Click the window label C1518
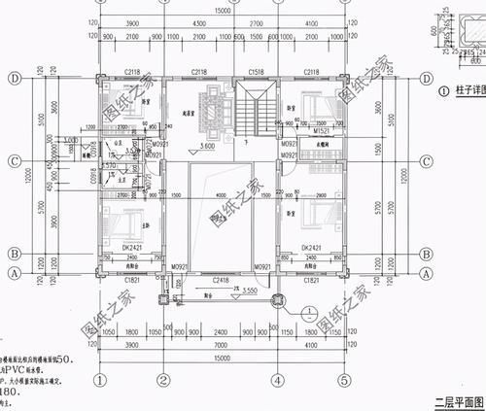click(x=257, y=72)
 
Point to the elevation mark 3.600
click(x=207, y=146)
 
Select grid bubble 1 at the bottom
click(x=97, y=380)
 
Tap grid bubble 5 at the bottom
click(x=344, y=380)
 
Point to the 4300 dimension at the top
click(x=199, y=22)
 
